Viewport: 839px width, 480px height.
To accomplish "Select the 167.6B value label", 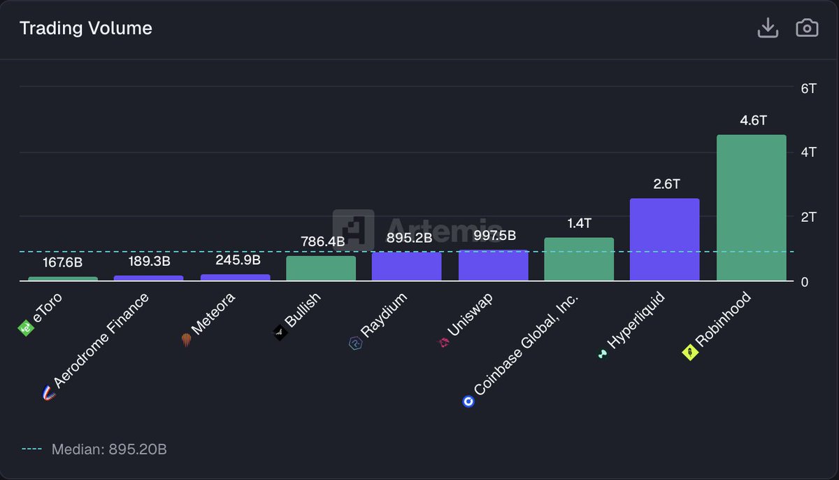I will point(63,262).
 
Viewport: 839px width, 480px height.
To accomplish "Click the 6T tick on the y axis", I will point(808,88).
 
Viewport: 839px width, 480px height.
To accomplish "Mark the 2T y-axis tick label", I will point(808,217).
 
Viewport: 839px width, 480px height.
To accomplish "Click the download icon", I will point(768,29).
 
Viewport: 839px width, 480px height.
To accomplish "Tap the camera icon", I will point(807,29).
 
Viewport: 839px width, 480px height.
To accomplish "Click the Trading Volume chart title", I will point(85,29).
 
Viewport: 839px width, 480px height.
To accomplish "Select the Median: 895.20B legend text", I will point(109,449).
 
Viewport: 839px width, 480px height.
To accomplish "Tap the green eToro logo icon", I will point(26,327).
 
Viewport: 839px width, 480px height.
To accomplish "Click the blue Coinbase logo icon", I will point(468,402).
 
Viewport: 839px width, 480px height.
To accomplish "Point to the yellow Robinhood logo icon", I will point(689,353).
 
